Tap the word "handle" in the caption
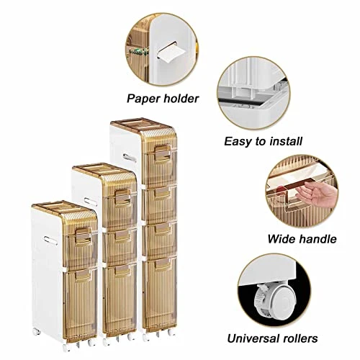point(318,239)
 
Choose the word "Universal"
point(253,338)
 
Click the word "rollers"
point(300,338)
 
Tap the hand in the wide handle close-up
point(315,193)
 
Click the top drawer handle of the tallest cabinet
point(163,153)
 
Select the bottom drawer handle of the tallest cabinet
point(163,264)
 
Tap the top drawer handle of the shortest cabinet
point(84,236)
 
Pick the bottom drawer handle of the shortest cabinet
point(83,276)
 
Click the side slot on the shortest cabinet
point(50,240)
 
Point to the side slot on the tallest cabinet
point(130,158)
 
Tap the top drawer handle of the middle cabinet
point(123,197)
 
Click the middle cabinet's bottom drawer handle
point(123,271)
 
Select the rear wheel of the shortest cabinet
point(37,332)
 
